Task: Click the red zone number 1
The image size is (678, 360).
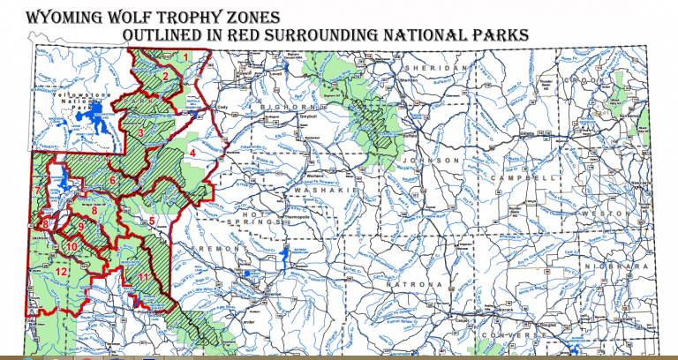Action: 186,57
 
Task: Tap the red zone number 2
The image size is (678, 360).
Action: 165,76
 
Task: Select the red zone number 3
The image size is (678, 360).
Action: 140,132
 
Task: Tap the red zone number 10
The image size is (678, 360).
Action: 72,246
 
